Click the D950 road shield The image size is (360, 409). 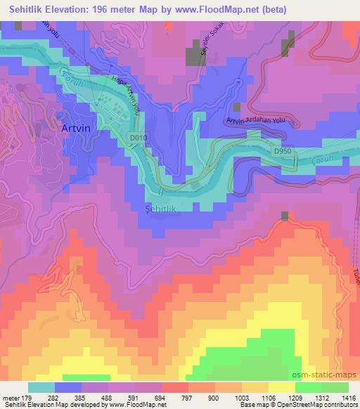point(281,150)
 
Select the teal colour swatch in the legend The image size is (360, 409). point(41,387)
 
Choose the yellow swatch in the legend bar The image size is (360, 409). point(281,387)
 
